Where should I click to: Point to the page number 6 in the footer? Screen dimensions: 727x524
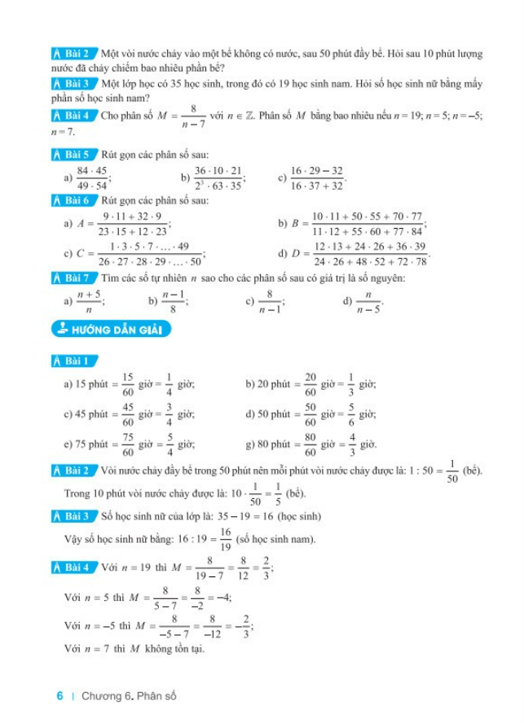coord(60,696)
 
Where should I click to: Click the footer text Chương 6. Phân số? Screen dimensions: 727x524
coord(129,696)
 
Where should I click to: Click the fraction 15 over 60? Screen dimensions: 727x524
coord(128,383)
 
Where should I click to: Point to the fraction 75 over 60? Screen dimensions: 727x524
coord(128,445)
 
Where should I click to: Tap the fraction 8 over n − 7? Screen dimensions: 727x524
coord(193,116)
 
